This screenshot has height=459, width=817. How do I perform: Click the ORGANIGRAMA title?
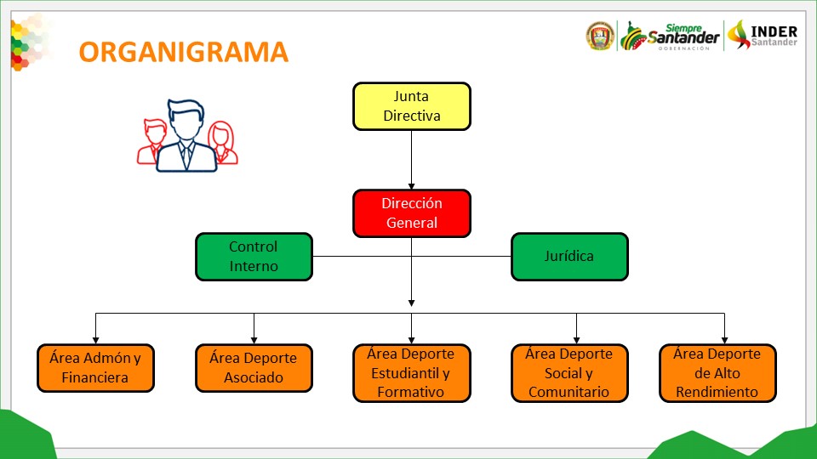point(184,52)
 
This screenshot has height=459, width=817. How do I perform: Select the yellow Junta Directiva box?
point(412,106)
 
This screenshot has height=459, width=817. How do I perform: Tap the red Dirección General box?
point(412,213)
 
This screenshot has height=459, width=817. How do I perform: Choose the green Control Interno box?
point(254,257)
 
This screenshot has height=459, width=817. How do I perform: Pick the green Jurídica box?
point(569,257)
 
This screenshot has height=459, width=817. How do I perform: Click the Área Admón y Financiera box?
point(95,368)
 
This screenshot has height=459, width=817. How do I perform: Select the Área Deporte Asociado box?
point(254,368)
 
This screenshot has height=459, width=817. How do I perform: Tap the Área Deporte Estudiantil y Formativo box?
point(412,372)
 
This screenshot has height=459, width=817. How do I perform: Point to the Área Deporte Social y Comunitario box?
point(569,372)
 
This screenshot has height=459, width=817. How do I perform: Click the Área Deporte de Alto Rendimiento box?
point(717,372)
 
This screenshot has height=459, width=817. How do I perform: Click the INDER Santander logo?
point(763,36)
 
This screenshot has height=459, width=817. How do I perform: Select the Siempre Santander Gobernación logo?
point(670,37)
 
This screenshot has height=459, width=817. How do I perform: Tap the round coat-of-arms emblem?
point(600,36)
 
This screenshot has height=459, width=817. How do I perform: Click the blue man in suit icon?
point(186,135)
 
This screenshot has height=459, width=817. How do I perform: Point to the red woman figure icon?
point(222,142)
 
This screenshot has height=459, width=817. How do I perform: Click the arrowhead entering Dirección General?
point(412,186)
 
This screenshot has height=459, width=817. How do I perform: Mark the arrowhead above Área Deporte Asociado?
point(254,340)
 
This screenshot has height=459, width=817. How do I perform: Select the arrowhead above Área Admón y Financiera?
point(95,340)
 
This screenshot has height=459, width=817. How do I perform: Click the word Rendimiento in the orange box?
point(717,392)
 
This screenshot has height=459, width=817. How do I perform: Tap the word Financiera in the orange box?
point(94,377)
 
